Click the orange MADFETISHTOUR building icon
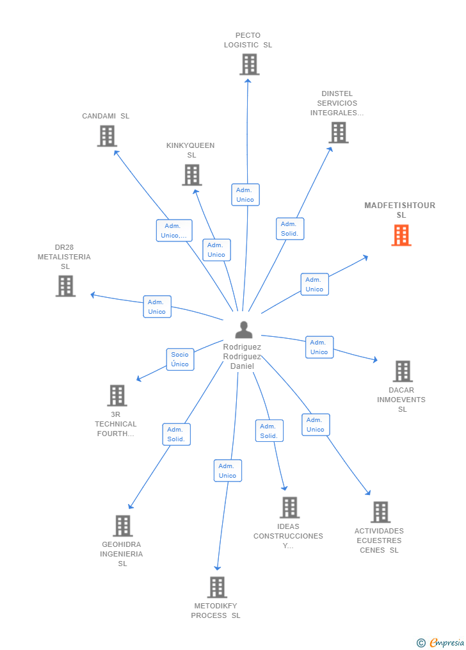pyautogui.click(x=401, y=235)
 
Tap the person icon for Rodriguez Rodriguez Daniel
pyautogui.click(x=243, y=330)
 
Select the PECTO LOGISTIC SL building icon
pyautogui.click(x=250, y=64)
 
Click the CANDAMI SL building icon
pyautogui.click(x=107, y=136)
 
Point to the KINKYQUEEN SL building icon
pyautogui.click(x=192, y=175)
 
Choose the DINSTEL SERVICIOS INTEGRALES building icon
pyautogui.click(x=338, y=133)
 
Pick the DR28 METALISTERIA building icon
pyautogui.click(x=65, y=286)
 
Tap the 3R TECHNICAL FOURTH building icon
pyautogui.click(x=116, y=395)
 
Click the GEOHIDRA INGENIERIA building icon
pyautogui.click(x=122, y=526)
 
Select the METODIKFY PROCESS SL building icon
pyautogui.click(x=217, y=587)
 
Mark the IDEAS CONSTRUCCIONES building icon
pyautogui.click(x=289, y=507)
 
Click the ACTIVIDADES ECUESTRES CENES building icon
pyautogui.click(x=380, y=512)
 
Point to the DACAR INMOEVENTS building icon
pyautogui.click(x=402, y=371)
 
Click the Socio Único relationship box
pyautogui.click(x=180, y=359)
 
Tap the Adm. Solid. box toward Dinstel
pyautogui.click(x=290, y=229)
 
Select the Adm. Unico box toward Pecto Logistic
pyautogui.click(x=245, y=195)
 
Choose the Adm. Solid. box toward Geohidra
pyautogui.click(x=176, y=434)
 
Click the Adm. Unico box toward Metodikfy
pyautogui.click(x=227, y=471)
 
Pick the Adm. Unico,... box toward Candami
pyautogui.click(x=174, y=231)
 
